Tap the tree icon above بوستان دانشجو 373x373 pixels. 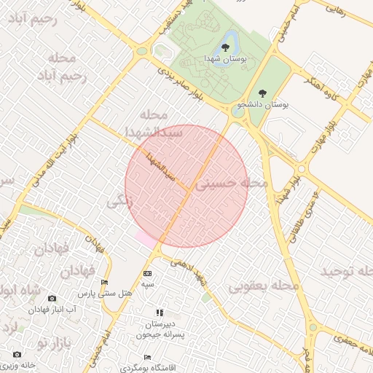(262, 93)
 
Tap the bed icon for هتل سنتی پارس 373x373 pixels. (105, 283)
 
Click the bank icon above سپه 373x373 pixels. (149, 273)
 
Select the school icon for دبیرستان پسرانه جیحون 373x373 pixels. (160, 313)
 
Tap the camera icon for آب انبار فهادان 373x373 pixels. (52, 298)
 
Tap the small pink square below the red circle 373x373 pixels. (146, 238)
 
